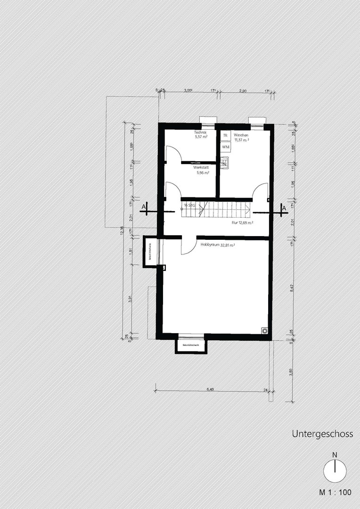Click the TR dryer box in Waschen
click(226, 135)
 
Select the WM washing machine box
click(226, 147)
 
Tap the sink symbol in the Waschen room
click(225, 163)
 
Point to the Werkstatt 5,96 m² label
click(202, 170)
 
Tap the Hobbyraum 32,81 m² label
click(217, 245)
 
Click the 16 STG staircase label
click(189, 206)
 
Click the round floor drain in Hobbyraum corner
click(265, 331)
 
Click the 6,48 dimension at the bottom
click(210, 389)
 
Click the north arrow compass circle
click(335, 470)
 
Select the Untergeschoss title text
click(322, 434)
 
